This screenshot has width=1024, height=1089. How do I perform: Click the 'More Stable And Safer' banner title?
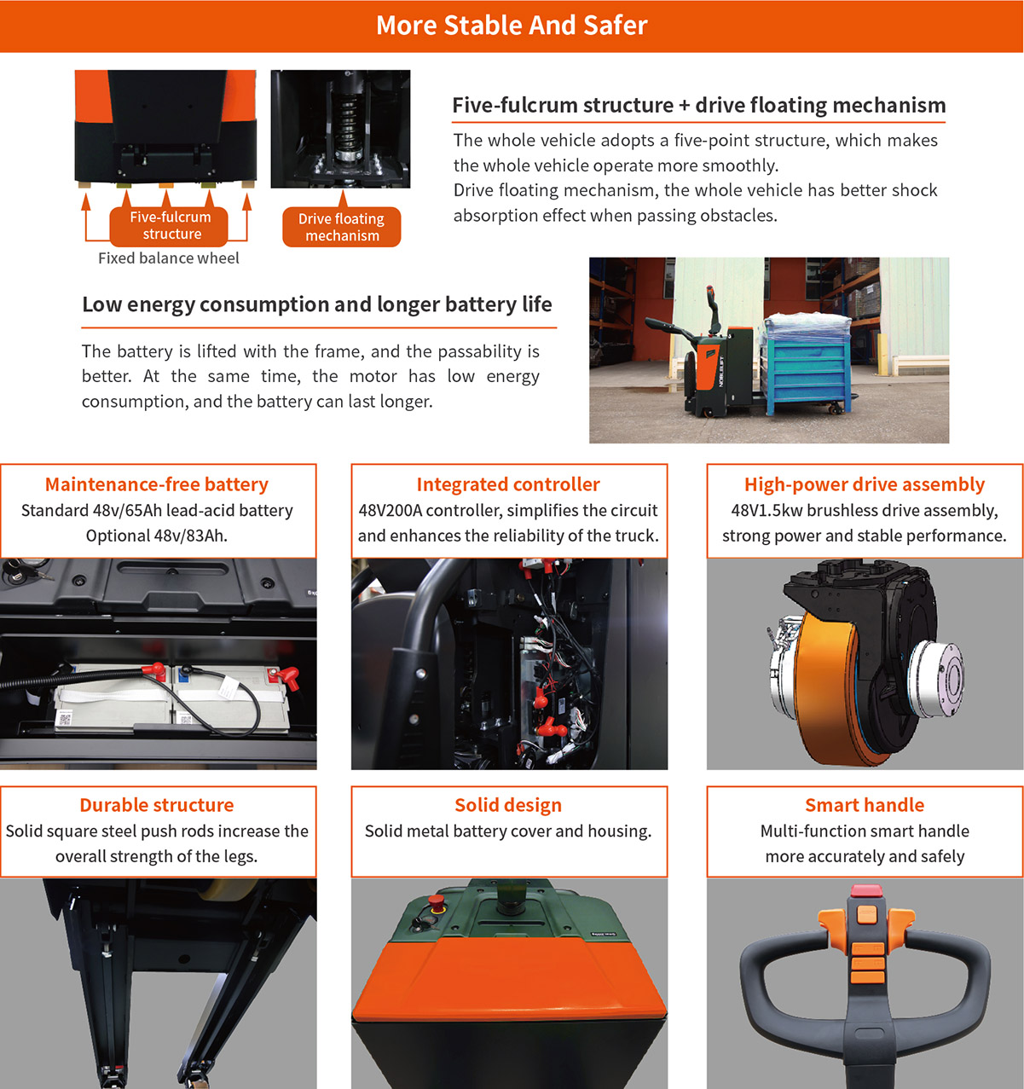click(512, 26)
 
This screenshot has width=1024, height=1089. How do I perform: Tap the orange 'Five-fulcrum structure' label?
click(169, 226)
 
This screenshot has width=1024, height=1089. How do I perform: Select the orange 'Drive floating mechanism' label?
click(342, 227)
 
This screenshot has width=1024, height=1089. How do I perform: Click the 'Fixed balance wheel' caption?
click(168, 258)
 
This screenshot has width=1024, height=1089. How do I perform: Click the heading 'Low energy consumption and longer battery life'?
click(317, 304)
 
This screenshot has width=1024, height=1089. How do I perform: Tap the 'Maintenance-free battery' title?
click(157, 484)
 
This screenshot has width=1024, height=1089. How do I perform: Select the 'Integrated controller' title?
click(508, 484)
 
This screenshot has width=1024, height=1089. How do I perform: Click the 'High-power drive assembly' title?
click(865, 484)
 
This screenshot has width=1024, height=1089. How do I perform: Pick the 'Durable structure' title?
click(157, 805)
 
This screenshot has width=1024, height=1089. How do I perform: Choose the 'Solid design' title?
click(508, 805)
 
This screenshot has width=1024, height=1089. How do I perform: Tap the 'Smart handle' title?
click(865, 805)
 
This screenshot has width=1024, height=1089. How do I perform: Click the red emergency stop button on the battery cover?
click(436, 901)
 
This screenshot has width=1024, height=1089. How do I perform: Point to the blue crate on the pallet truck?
click(807, 372)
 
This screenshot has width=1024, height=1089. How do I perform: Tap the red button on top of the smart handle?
click(866, 890)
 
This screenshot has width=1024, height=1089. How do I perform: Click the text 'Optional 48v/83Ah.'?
click(157, 536)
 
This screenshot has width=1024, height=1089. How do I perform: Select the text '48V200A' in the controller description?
click(390, 511)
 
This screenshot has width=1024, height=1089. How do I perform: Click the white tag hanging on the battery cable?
click(229, 687)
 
